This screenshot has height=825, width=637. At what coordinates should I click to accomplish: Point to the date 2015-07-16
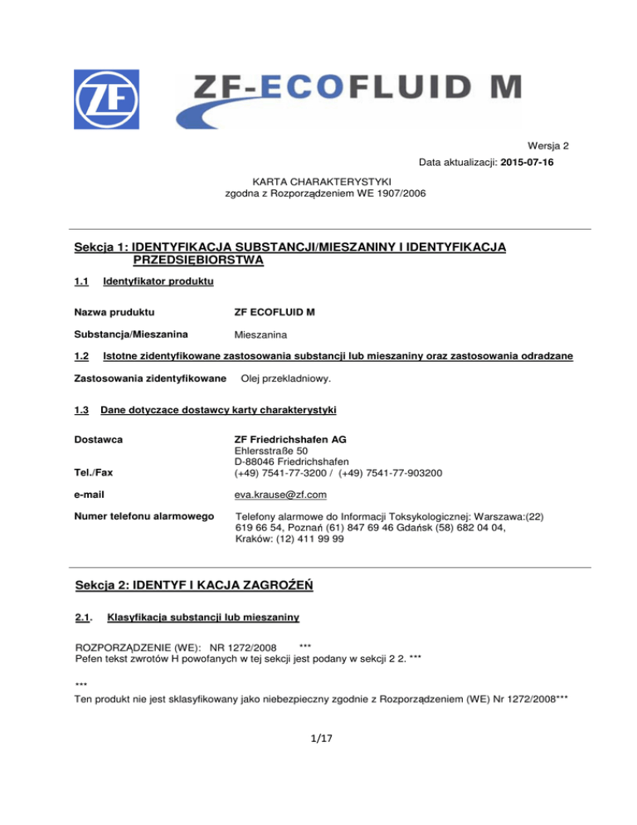(520, 163)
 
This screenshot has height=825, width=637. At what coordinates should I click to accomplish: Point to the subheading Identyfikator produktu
(158, 283)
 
